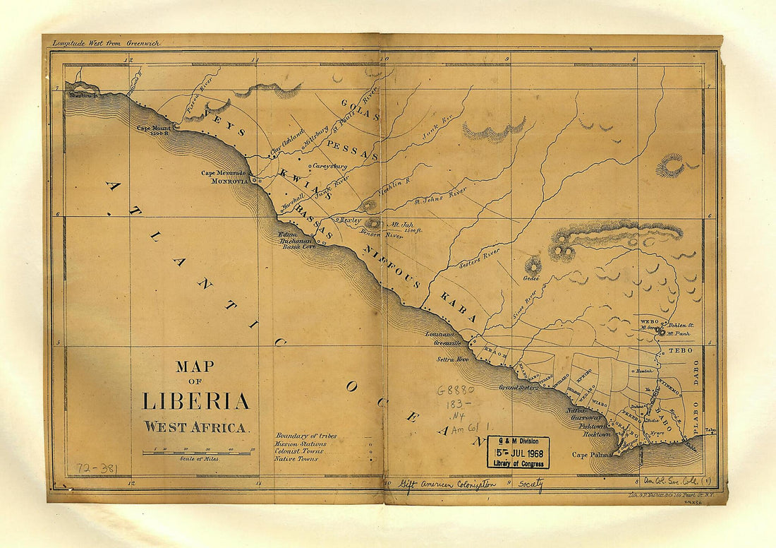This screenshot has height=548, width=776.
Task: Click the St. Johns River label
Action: pyautogui.click(x=440, y=196)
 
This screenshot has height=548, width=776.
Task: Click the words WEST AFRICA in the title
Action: pyautogui.click(x=196, y=427)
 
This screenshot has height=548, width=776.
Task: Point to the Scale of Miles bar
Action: pyautogui.click(x=196, y=453)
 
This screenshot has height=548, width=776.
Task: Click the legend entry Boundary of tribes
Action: pyautogui.click(x=306, y=436)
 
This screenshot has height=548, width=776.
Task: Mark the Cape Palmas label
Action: pyautogui.click(x=590, y=455)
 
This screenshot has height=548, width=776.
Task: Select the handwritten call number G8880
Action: pyautogui.click(x=456, y=389)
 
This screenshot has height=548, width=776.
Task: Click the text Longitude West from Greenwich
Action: pyautogui.click(x=106, y=43)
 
